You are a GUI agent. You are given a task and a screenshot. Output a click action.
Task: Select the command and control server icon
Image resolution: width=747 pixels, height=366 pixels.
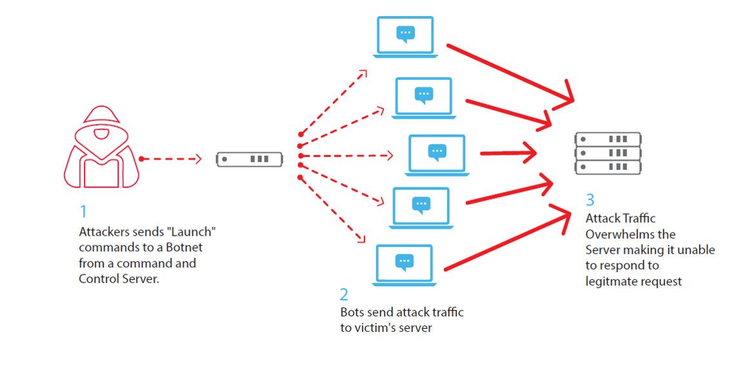[x=250, y=159]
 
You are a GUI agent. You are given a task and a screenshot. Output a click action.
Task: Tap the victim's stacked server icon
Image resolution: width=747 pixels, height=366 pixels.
[x=608, y=153]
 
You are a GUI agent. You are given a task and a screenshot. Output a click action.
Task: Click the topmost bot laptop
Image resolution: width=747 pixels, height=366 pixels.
[x=405, y=36]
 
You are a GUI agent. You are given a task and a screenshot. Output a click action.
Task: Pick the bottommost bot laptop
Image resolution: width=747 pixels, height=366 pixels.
[x=404, y=265]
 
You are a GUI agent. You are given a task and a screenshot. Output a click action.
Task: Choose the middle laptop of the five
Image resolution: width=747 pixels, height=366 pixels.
[x=437, y=155]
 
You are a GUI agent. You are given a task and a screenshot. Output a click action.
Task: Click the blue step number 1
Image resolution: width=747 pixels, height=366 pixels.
[x=83, y=211]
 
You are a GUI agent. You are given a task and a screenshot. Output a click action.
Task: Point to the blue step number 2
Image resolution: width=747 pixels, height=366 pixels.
[x=344, y=294]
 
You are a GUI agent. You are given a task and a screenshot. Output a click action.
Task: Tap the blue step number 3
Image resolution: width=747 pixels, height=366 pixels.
[x=590, y=200]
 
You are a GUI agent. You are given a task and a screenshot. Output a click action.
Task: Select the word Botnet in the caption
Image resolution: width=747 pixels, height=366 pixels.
[x=190, y=247]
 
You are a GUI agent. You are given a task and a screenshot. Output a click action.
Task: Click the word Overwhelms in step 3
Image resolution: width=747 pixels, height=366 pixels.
[x=617, y=234]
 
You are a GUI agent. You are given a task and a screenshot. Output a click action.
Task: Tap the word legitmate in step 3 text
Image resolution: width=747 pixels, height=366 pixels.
[x=612, y=281]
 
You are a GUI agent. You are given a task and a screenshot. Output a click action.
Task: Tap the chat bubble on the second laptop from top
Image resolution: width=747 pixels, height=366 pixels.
[x=423, y=95]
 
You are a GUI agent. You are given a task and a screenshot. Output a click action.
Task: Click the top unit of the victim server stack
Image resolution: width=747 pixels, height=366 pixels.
[x=608, y=139]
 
